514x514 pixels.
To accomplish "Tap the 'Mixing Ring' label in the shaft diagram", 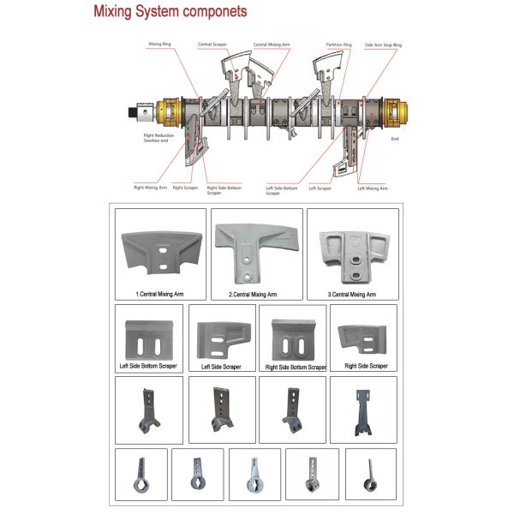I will [x=160, y=43].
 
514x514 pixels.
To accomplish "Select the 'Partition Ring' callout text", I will [x=339, y=44].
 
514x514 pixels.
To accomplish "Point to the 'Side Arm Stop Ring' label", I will [x=384, y=44].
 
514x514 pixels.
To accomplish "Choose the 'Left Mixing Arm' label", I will [x=373, y=188].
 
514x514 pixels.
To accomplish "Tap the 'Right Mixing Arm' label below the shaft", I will [x=149, y=186].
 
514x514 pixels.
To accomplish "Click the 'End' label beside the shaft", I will [x=395, y=137].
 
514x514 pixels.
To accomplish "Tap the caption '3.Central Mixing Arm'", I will [x=351, y=295].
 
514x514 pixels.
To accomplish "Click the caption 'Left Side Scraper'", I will [x=221, y=367].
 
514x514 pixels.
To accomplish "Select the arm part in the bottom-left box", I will [x=140, y=475].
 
